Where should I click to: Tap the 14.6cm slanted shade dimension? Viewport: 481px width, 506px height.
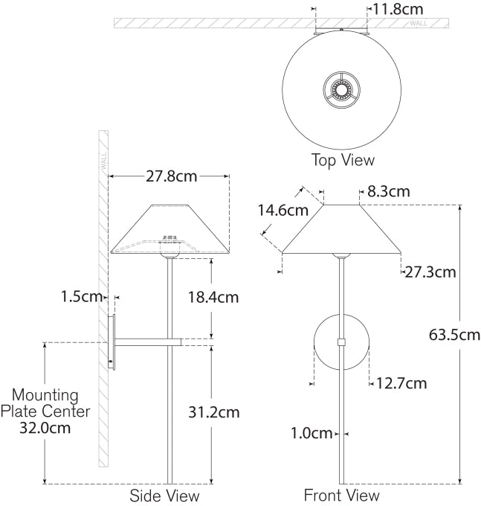pyautogui.click(x=283, y=210)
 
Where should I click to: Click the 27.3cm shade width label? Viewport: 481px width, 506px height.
pyautogui.click(x=430, y=272)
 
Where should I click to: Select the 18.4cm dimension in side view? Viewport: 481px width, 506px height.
pyautogui.click(x=212, y=298)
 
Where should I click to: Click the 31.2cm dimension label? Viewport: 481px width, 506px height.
pyautogui.click(x=213, y=411)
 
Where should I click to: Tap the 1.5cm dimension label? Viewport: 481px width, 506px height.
pyautogui.click(x=82, y=296)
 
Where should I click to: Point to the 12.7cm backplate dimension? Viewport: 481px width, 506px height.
pyautogui.click(x=401, y=384)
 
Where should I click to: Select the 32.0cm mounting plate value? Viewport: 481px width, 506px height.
pyautogui.click(x=45, y=428)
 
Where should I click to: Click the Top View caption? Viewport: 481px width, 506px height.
pyautogui.click(x=343, y=159)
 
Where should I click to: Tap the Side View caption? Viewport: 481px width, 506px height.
pyautogui.click(x=164, y=496)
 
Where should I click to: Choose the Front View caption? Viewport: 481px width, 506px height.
pyautogui.click(x=341, y=496)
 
